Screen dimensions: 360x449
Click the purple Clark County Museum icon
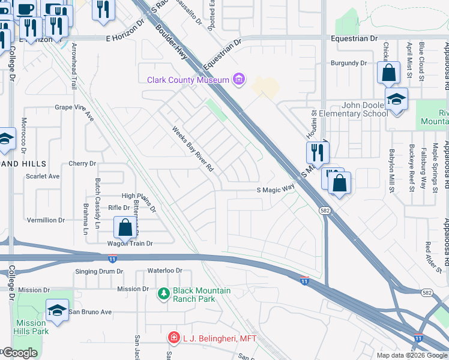(240, 79)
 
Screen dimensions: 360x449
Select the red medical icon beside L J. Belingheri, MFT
(174, 338)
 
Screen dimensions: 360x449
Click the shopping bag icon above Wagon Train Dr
(125, 227)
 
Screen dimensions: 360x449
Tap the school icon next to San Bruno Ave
(57, 310)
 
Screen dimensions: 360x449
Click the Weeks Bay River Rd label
(193, 149)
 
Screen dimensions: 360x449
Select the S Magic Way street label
(276, 189)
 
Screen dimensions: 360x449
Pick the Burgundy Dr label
(349, 63)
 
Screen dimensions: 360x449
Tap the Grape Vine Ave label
(75, 109)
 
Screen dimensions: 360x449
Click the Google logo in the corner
(19, 353)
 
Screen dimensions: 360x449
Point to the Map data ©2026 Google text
(412, 355)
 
